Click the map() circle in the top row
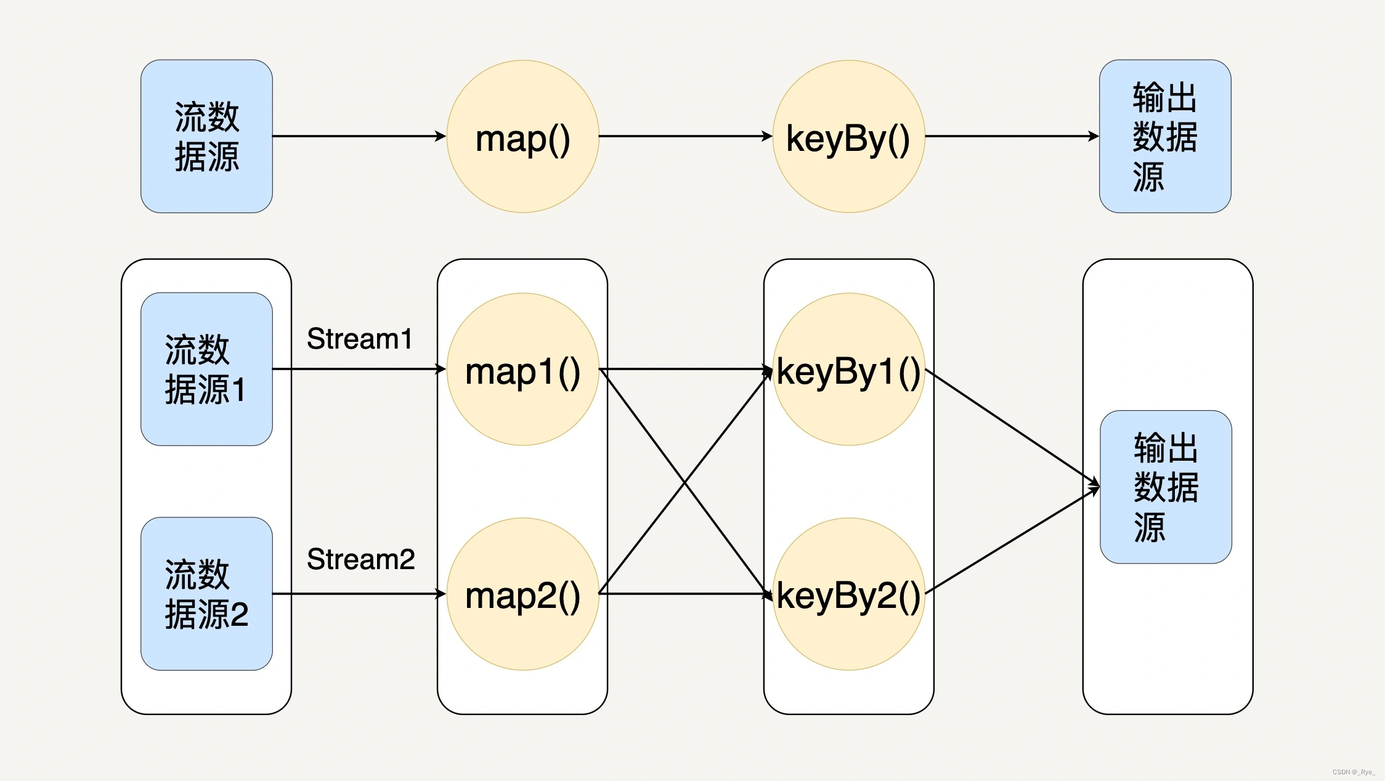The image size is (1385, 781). tap(522, 137)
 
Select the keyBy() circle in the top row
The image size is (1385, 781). tap(848, 137)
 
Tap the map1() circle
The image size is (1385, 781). tap(522, 370)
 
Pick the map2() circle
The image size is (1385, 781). tap(522, 594)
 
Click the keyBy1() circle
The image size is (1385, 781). tap(848, 370)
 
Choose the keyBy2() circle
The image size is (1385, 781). tap(848, 594)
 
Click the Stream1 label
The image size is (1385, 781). tap(360, 339)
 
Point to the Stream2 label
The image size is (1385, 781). tap(361, 559)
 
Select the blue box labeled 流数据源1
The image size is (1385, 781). tap(206, 369)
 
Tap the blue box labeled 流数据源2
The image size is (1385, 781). tap(206, 594)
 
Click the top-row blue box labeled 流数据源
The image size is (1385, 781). tap(206, 137)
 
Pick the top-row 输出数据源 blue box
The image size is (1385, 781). tap(1165, 137)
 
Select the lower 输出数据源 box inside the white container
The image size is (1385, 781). tap(1166, 487)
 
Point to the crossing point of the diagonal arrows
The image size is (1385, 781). tap(685, 482)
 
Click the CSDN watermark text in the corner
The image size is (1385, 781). tap(1354, 772)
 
